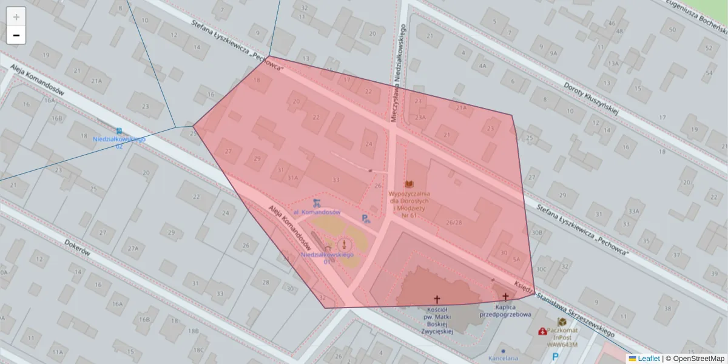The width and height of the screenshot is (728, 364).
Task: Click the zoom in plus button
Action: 16,17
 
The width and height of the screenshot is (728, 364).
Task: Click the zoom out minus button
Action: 16,35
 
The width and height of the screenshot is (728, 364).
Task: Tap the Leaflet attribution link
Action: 649,359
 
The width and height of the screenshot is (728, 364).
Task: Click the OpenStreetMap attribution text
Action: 698,359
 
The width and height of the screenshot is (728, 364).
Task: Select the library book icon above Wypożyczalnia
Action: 409,184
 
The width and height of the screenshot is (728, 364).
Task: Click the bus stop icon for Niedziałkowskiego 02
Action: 119,130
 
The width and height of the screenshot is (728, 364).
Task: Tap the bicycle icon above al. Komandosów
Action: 316,203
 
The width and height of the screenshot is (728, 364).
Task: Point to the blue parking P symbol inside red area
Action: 365,219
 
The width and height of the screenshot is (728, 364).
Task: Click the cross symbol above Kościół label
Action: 437,299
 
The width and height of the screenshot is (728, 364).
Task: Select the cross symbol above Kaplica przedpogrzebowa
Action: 505,297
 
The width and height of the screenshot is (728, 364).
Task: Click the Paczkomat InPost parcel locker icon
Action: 562,322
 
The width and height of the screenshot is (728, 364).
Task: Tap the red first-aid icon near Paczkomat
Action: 542,331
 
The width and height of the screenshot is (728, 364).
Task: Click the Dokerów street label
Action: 77,247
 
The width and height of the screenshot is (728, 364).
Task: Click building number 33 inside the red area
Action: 335,180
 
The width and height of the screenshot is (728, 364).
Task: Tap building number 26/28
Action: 454,222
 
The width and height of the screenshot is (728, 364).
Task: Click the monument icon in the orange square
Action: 344,244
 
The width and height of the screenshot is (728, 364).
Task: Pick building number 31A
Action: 293,178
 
